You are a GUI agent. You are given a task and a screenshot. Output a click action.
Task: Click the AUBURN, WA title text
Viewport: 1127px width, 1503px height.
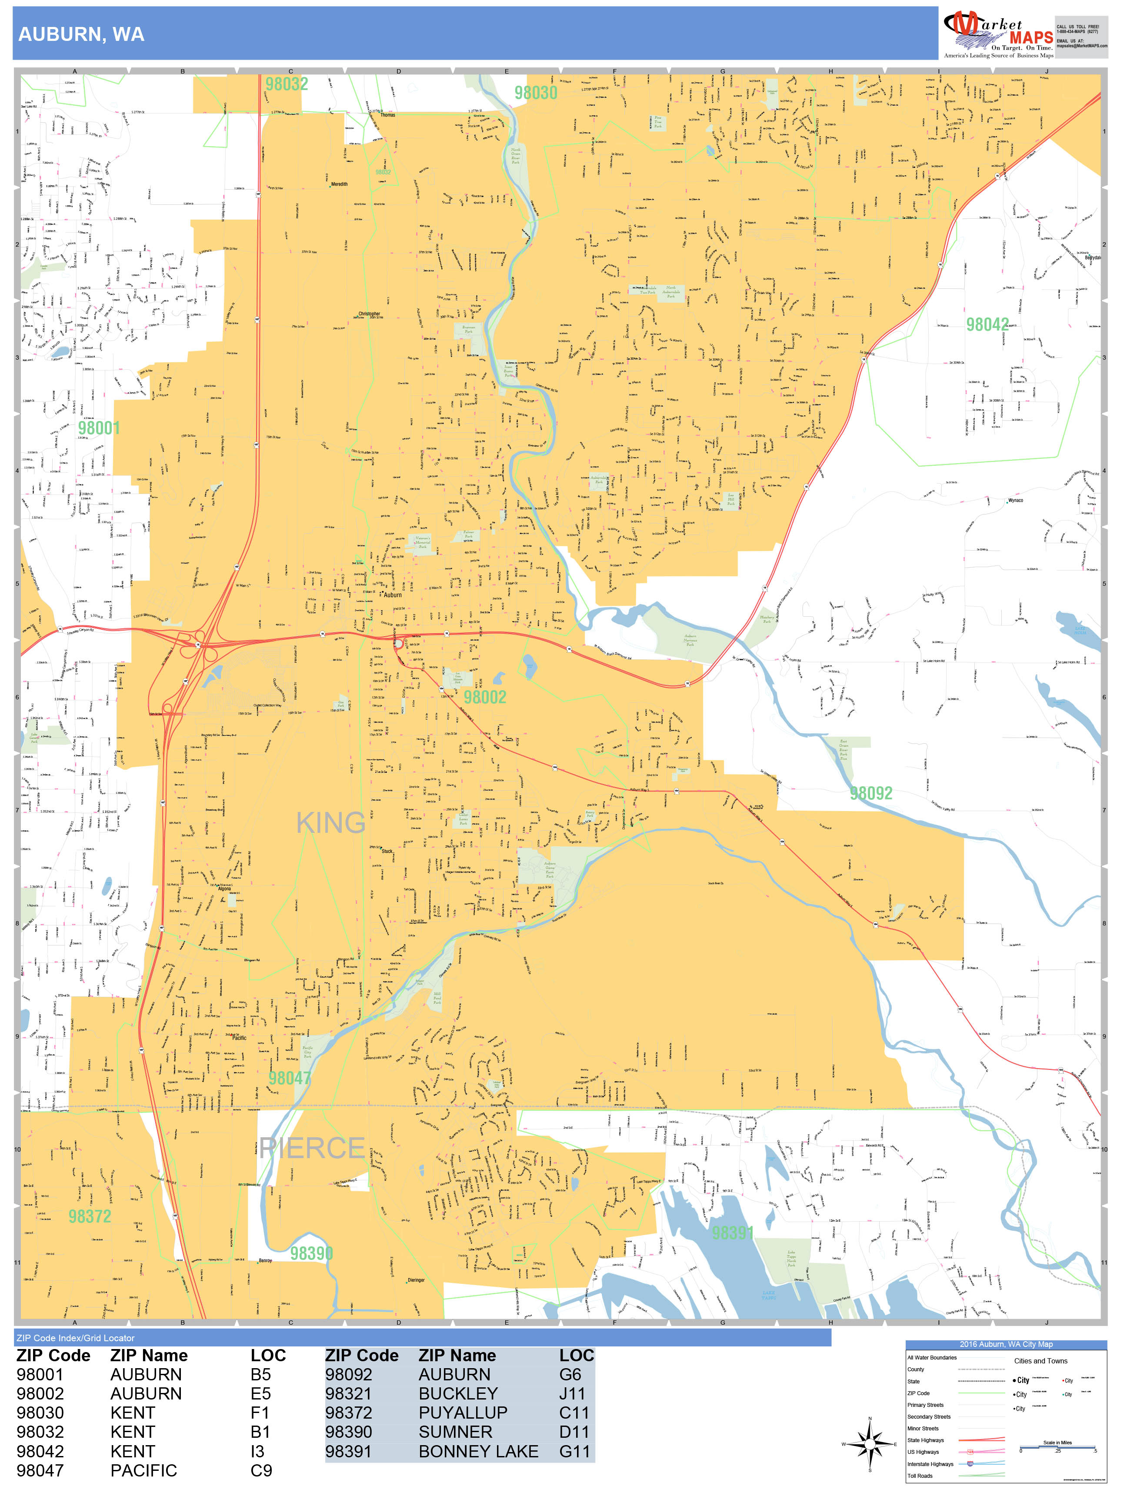(x=81, y=35)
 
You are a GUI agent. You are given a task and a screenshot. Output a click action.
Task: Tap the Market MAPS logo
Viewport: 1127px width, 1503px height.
(x=997, y=34)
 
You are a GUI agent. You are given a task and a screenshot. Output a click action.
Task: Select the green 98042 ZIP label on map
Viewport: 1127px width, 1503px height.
(x=987, y=325)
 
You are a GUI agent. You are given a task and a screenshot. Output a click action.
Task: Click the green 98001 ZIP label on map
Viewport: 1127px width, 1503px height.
(x=99, y=428)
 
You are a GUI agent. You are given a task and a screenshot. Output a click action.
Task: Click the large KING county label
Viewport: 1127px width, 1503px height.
(x=331, y=824)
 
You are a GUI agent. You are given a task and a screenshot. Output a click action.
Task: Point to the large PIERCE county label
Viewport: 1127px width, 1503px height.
(x=313, y=1148)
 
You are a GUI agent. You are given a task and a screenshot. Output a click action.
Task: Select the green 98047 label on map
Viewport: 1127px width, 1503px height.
(x=290, y=1079)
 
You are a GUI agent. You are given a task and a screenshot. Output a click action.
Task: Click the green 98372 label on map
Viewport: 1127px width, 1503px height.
(x=90, y=1216)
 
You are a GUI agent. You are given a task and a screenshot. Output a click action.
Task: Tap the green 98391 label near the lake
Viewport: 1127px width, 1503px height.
(x=732, y=1232)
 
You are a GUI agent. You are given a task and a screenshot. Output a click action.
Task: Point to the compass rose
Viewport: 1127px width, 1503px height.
(x=870, y=1444)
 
